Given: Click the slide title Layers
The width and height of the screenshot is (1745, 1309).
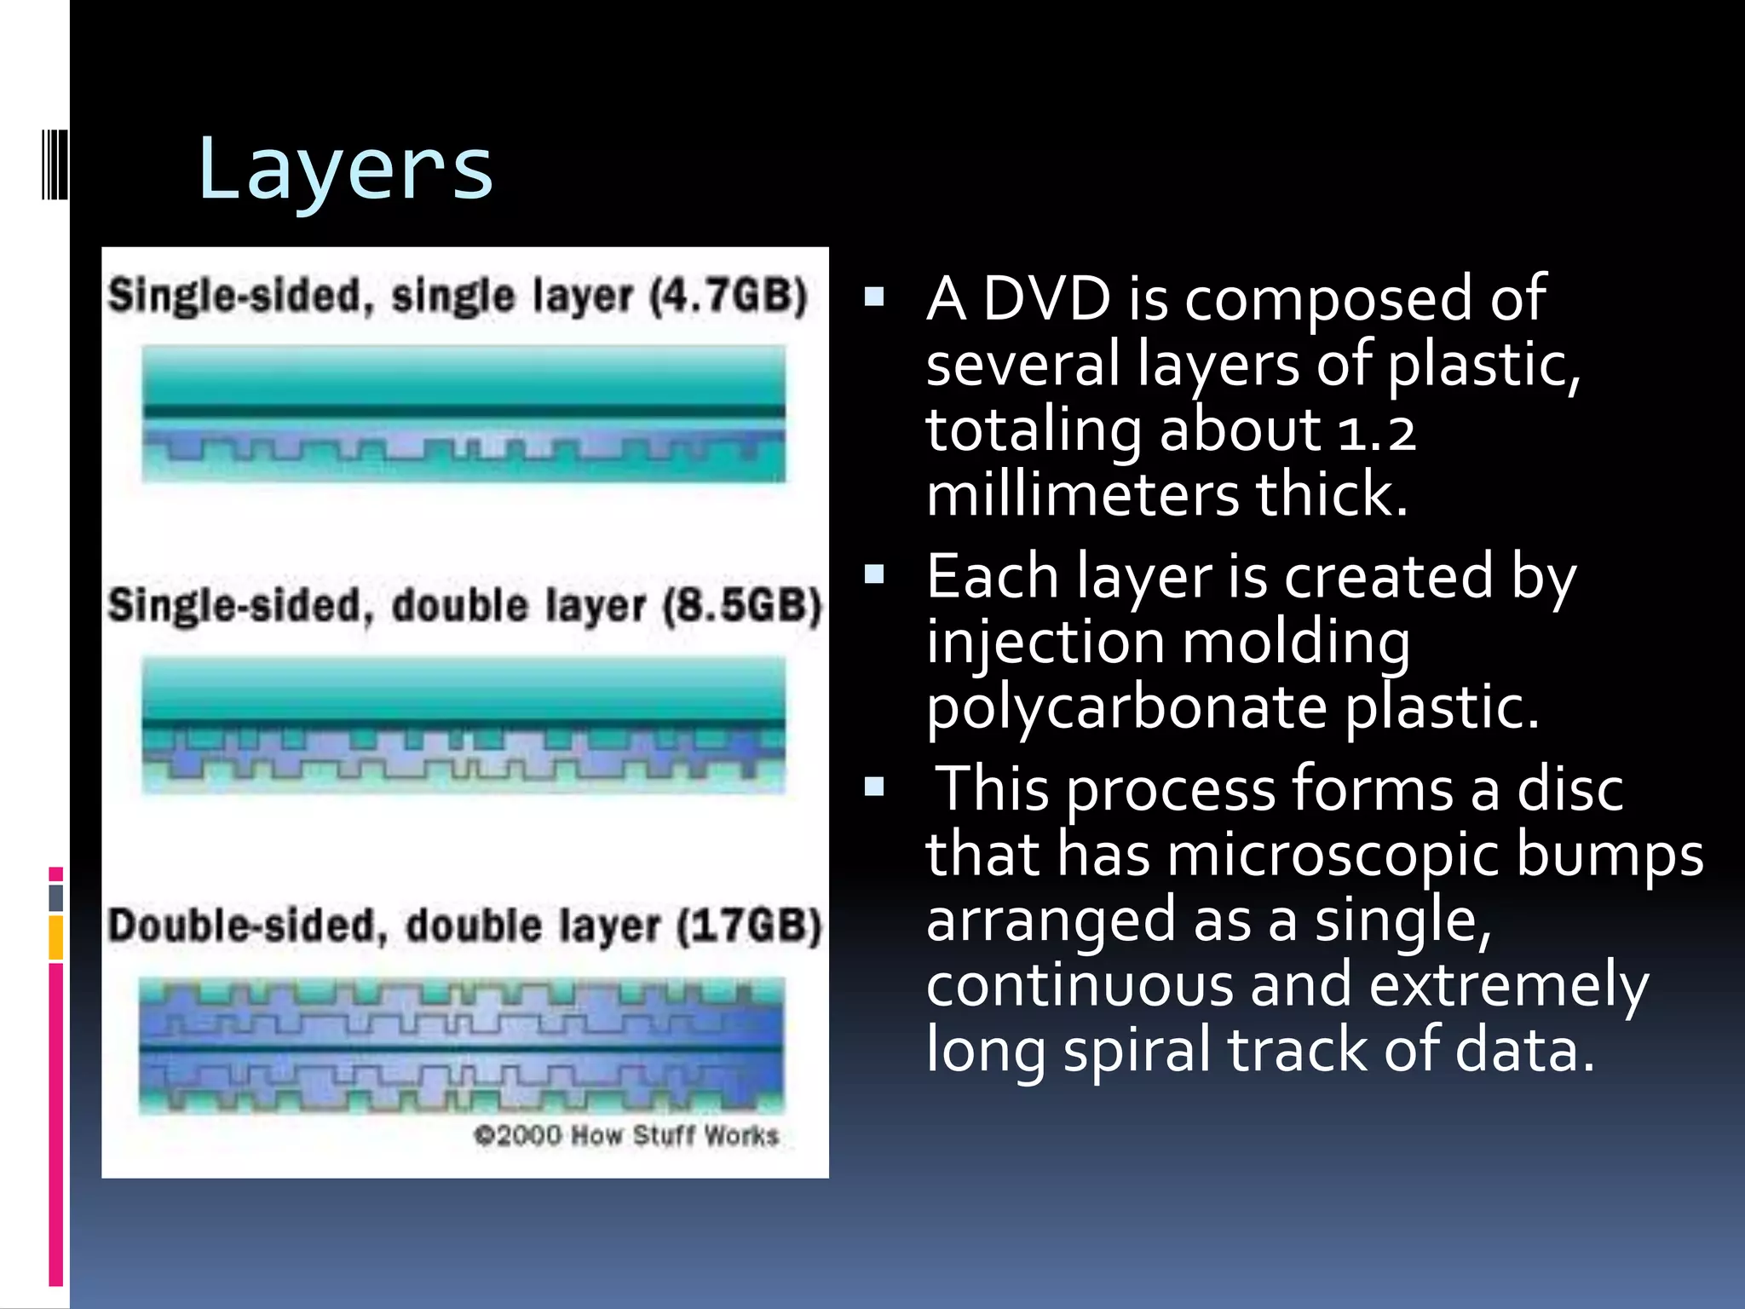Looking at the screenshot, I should [345, 170].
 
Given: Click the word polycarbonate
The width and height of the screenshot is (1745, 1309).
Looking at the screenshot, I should [1126, 708].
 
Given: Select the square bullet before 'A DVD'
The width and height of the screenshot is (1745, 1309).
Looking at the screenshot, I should [874, 297].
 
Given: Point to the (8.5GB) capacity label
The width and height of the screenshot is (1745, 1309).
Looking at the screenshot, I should [741, 606].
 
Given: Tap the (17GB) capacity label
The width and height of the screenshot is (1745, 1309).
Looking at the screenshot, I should [748, 926].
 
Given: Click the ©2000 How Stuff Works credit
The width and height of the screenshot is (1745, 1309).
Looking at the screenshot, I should [626, 1136].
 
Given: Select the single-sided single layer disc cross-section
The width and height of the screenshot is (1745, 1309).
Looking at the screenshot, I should [464, 414].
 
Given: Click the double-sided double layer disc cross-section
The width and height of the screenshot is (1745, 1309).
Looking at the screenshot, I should [461, 1047].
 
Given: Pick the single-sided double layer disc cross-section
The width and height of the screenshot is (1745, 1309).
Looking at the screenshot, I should [464, 725].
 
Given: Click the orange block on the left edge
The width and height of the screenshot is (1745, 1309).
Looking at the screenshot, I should [55, 937].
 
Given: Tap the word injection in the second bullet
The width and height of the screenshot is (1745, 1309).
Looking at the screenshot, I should [1045, 643].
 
